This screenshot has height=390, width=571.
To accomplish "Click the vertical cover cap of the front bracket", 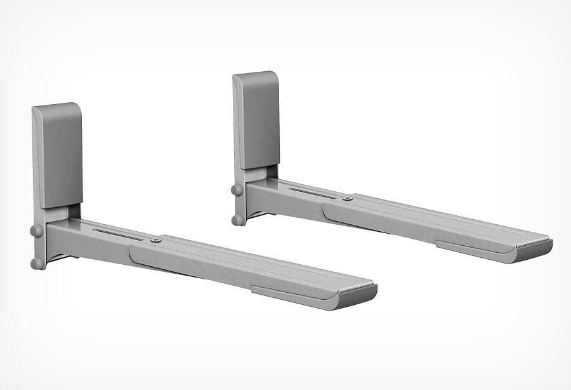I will (x=58, y=156).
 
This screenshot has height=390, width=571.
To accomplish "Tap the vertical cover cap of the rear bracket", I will (x=258, y=121).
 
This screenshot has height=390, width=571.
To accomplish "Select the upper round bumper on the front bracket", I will (x=37, y=230).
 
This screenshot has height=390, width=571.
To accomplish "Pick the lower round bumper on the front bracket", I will (x=38, y=262).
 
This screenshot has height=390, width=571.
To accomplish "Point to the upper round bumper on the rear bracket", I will (x=237, y=189).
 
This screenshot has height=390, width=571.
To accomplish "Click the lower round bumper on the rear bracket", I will (x=238, y=220).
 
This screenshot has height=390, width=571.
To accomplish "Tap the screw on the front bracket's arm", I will (x=155, y=240).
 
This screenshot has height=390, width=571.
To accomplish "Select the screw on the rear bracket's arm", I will (x=347, y=199).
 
